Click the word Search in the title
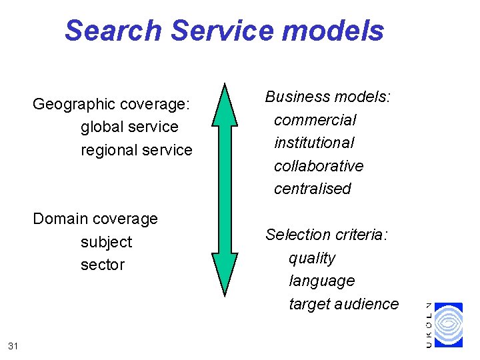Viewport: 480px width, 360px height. pos(113,31)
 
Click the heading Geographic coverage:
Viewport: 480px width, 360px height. pos(112,104)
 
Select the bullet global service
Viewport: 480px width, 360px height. pos(129,127)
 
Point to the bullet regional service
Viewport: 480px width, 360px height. pos(136,150)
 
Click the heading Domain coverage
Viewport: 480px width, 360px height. pos(95,219)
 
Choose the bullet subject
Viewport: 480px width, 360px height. pos(106,241)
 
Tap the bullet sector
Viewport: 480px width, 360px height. pos(103,265)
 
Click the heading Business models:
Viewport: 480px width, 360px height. pos(328,97)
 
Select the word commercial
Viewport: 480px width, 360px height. pos(315,120)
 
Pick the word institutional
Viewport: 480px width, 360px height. pos(314,143)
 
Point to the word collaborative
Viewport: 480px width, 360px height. pos(319,165)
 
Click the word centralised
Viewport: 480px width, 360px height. pos(312,189)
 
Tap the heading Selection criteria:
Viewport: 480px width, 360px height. pos(327,235)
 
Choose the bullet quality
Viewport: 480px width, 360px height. pos(312,258)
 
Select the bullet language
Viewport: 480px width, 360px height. pos(321,281)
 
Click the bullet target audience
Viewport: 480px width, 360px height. pos(343,304)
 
